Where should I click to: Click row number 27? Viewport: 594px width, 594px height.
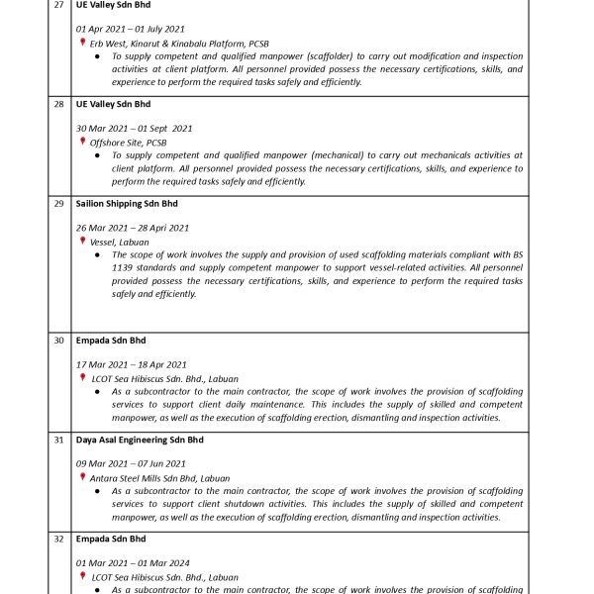(x=58, y=5)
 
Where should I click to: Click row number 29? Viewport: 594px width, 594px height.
(x=58, y=204)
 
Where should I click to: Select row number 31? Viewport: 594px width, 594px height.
(x=58, y=440)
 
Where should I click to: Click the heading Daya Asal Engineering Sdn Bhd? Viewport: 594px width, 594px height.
(x=140, y=440)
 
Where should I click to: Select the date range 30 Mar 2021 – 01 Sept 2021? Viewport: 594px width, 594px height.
(x=134, y=129)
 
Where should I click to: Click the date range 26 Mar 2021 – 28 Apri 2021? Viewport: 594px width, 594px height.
(x=133, y=228)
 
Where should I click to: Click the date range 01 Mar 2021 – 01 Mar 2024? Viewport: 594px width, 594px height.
(x=133, y=562)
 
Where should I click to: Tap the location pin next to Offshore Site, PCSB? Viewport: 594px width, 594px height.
(x=83, y=142)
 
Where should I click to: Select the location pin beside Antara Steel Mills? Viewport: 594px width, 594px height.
(x=83, y=477)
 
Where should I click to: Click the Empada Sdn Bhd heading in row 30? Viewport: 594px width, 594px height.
(x=111, y=341)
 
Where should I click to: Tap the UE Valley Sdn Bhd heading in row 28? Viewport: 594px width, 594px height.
(x=113, y=104)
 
